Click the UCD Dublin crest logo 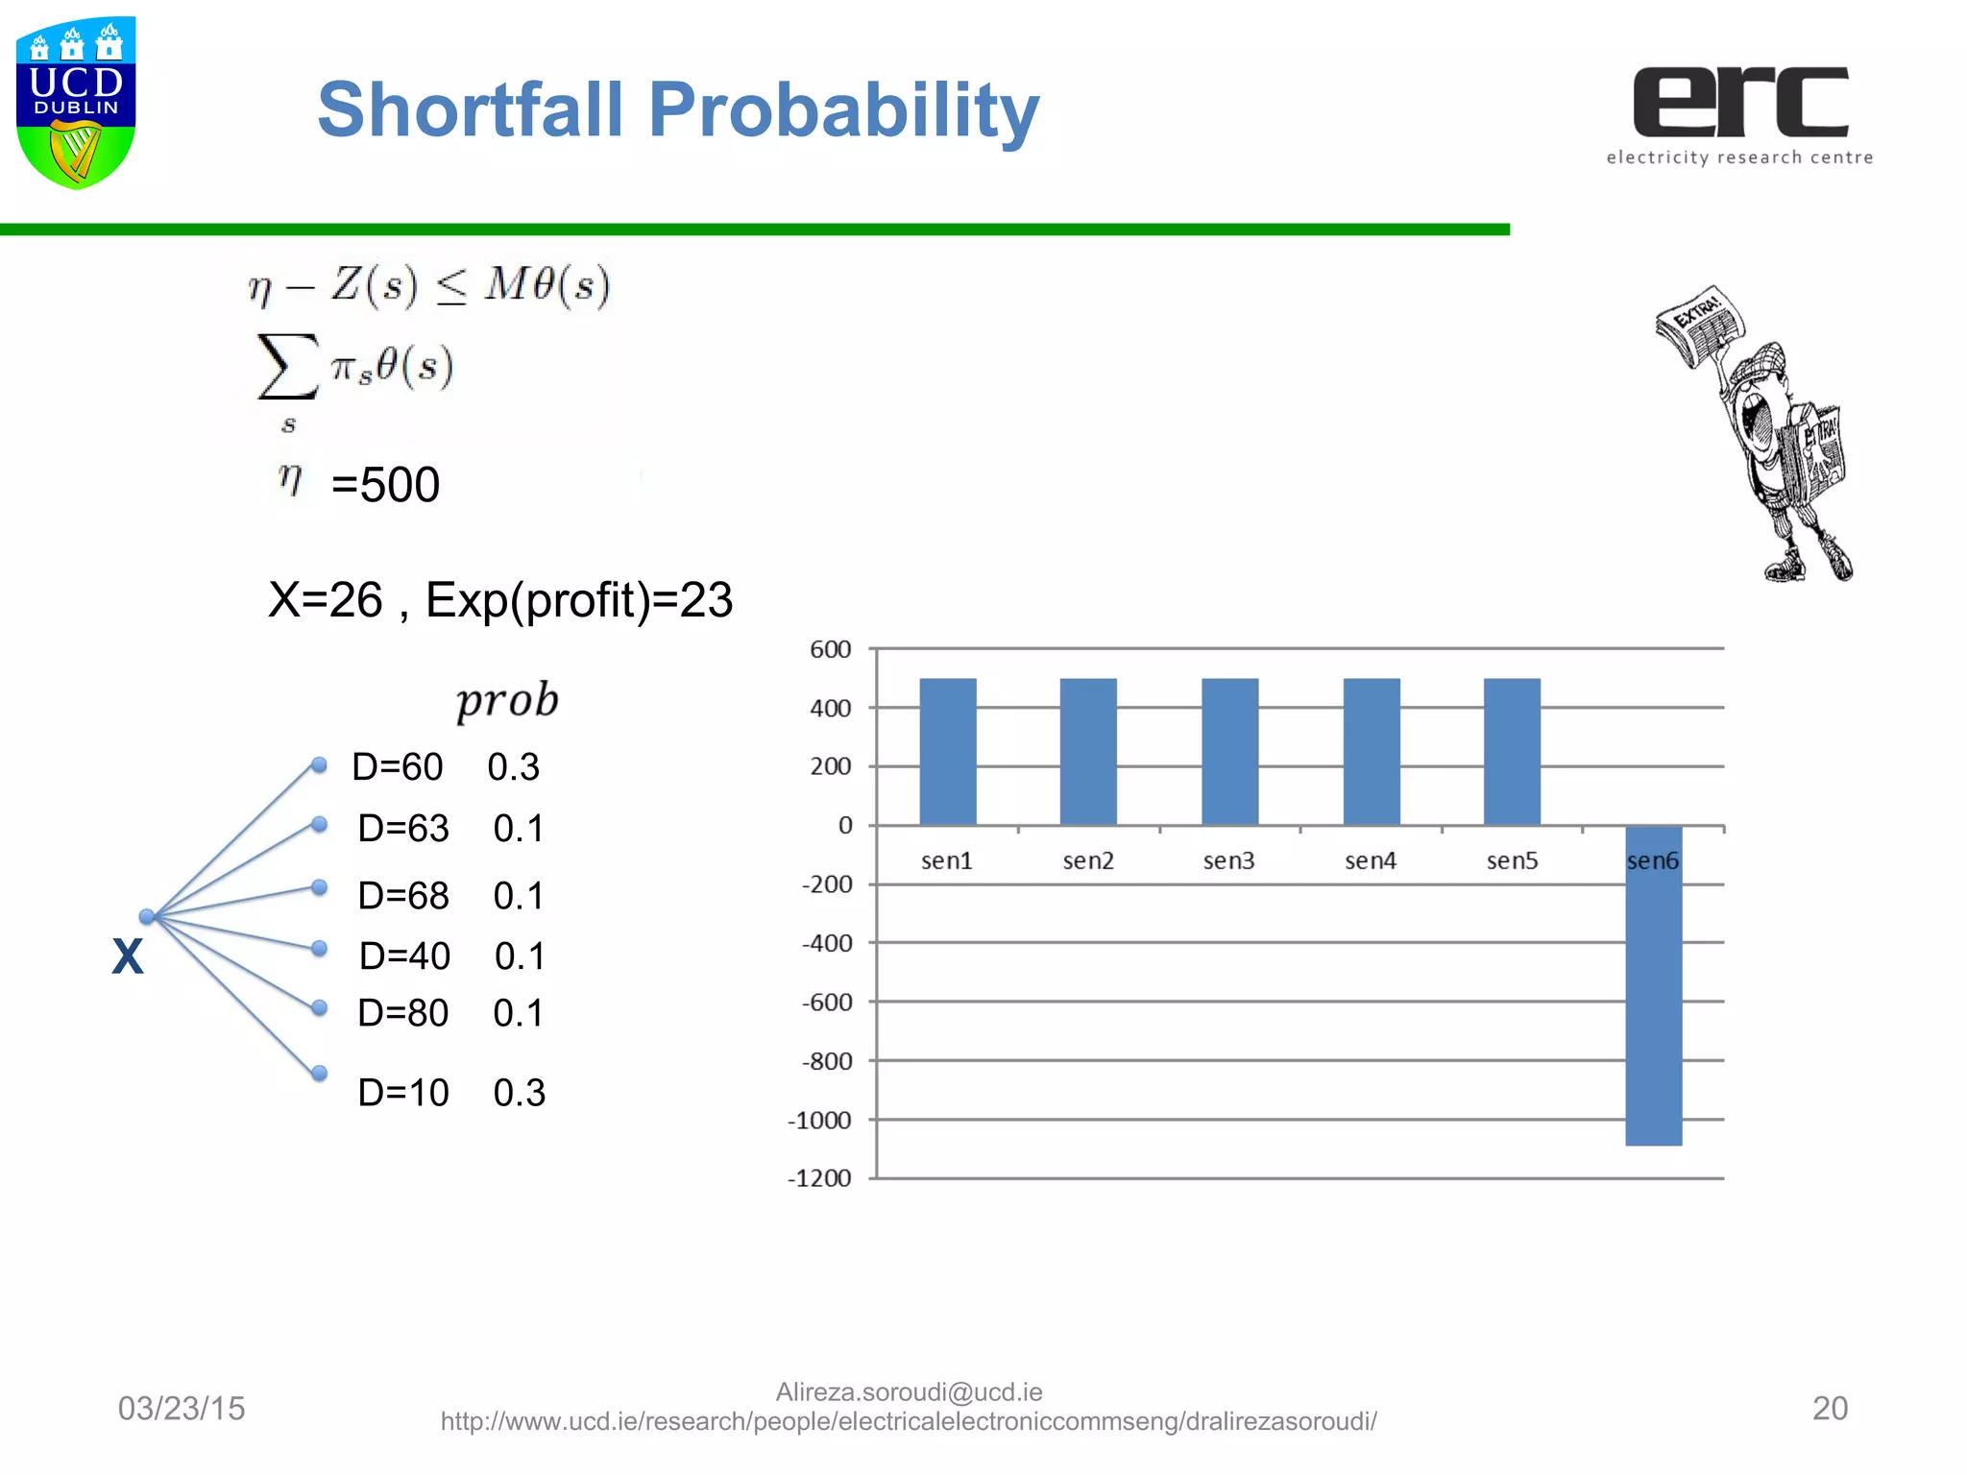tap(76, 102)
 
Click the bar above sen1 tap(948, 751)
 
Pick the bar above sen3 tap(1229, 751)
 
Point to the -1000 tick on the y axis tap(819, 1121)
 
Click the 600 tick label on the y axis tap(830, 649)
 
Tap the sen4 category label tap(1371, 860)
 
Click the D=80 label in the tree tap(403, 1013)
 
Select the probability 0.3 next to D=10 tap(520, 1093)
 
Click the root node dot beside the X tap(147, 916)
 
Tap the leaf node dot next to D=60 tap(320, 764)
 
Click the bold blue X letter tap(128, 956)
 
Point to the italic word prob tap(506, 700)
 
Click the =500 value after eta tap(385, 484)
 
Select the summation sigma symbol tap(287, 366)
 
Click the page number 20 tap(1830, 1408)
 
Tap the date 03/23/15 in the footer tap(182, 1408)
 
